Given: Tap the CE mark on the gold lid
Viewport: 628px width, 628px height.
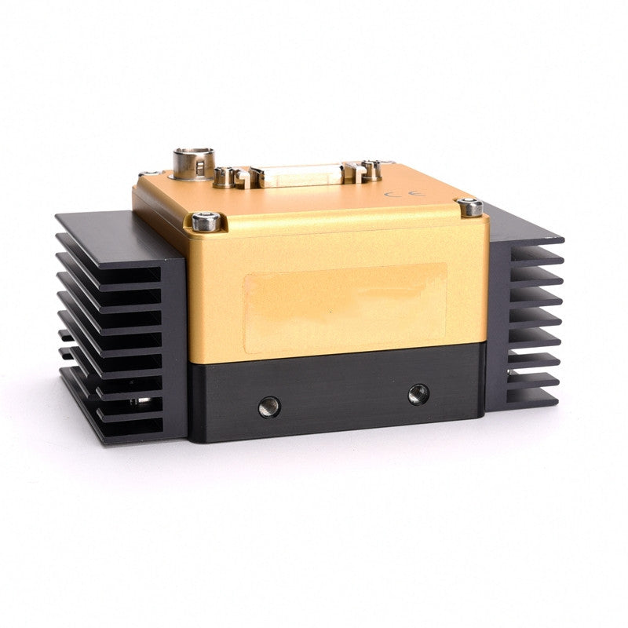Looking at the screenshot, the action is click(405, 194).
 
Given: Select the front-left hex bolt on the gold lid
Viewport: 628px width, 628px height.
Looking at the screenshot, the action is click(206, 222).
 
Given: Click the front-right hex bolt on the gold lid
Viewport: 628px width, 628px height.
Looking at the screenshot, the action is click(470, 207).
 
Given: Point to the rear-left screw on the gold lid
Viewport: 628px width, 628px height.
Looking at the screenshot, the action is click(149, 173).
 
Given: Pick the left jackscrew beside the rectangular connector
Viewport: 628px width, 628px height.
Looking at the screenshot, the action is click(224, 178).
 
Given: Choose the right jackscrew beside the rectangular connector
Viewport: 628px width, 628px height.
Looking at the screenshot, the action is click(371, 169).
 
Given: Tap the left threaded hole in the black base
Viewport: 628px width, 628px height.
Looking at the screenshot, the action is click(269, 407).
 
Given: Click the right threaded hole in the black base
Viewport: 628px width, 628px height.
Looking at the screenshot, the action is click(418, 394).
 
